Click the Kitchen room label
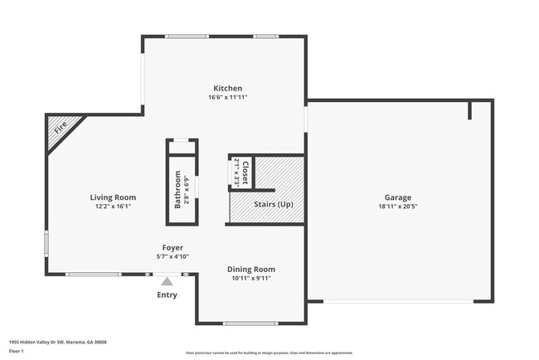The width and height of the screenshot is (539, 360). tap(228, 88)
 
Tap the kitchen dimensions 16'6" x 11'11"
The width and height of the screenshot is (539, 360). tap(228, 98)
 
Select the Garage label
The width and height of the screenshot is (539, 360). tap(398, 197)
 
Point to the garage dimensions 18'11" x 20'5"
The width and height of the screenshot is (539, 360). tap(398, 207)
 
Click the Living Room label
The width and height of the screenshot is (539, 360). tap(113, 197)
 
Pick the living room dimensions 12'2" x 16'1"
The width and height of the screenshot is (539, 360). tap(113, 207)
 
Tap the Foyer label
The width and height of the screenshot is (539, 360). tap(172, 247)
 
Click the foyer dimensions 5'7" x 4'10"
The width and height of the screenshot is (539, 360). tap(172, 257)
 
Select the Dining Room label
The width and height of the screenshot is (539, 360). tap(251, 269)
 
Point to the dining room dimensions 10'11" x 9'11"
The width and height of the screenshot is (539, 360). tap(251, 279)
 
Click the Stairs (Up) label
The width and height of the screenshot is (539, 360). tap(274, 204)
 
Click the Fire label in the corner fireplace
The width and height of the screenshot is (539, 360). tap(60, 129)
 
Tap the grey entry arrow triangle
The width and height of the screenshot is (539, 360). tap(167, 282)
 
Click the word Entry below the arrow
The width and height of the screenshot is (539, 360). tap(167, 295)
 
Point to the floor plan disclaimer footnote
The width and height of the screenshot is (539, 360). tap(269, 353)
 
